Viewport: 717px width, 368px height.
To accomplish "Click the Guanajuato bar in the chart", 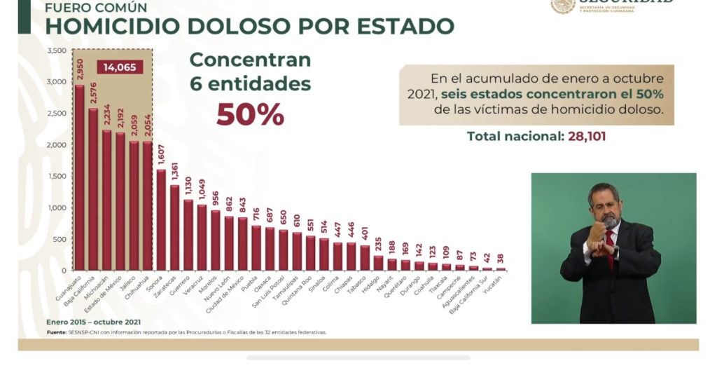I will (80, 178).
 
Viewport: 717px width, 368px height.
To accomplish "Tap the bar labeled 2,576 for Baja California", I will (93, 189).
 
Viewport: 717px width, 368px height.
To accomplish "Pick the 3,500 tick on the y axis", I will (57, 51).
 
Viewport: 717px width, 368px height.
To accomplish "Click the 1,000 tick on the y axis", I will (57, 208).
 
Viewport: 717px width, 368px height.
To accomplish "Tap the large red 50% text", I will (250, 114).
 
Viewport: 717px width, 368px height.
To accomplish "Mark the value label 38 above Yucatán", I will (500, 258).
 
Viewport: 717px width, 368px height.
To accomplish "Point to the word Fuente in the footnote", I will (57, 332).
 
